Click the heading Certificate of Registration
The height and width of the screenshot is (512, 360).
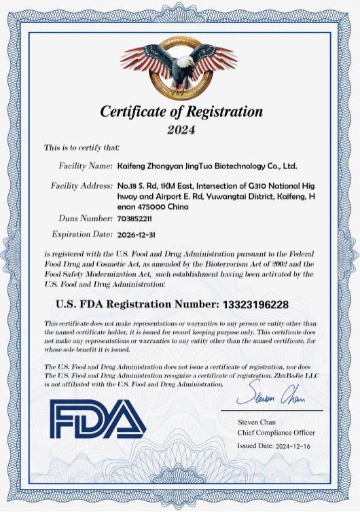click(x=181, y=111)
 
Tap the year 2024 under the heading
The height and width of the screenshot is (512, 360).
click(x=181, y=129)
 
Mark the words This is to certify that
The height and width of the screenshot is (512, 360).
click(x=82, y=147)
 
